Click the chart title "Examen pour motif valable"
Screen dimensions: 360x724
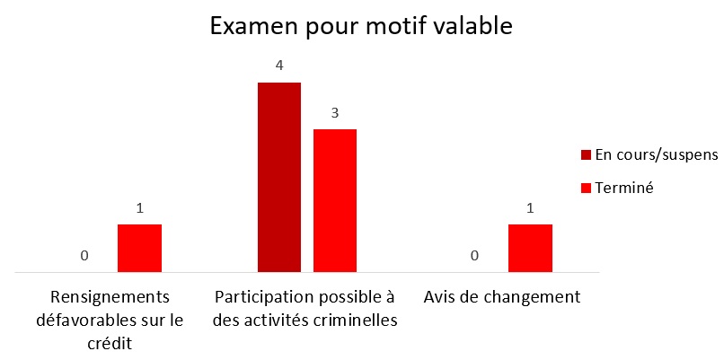pyautogui.click(x=361, y=26)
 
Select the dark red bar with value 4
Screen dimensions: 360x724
pyautogui.click(x=279, y=176)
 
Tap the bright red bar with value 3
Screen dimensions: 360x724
pyautogui.click(x=335, y=199)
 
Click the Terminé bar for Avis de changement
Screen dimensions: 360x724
pyautogui.click(x=530, y=247)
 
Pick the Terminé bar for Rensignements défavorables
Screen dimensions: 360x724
pyautogui.click(x=139, y=247)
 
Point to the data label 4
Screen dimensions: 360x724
pyautogui.click(x=279, y=66)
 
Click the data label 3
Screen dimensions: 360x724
pyautogui.click(x=335, y=114)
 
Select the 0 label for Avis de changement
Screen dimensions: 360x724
pyautogui.click(x=474, y=256)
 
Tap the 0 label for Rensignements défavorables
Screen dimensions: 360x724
pyautogui.click(x=84, y=256)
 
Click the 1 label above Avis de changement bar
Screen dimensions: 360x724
pyautogui.click(x=530, y=208)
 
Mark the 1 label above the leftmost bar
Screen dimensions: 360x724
pyautogui.click(x=139, y=208)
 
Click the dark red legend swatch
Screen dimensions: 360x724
pyautogui.click(x=587, y=154)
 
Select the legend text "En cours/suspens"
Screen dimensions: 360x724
pyautogui.click(x=656, y=154)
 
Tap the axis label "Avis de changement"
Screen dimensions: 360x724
pyautogui.click(x=502, y=297)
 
